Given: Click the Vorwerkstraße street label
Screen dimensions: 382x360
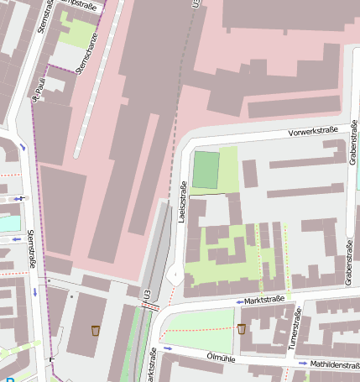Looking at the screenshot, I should click(312, 132).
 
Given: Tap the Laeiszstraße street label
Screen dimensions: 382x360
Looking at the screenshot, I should click(182, 201).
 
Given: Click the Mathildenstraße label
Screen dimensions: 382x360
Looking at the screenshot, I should click(334, 364).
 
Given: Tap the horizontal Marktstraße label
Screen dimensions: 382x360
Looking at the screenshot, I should click(266, 298).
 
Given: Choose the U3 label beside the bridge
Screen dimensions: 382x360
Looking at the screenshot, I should click(147, 295).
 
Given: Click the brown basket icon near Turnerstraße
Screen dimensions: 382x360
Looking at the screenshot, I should click(242, 328).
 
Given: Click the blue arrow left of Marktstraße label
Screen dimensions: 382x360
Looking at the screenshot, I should click(239, 301).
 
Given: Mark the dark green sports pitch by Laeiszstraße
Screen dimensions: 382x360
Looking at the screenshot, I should click(205, 170).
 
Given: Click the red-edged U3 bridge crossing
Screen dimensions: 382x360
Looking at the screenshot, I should click(150, 306).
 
